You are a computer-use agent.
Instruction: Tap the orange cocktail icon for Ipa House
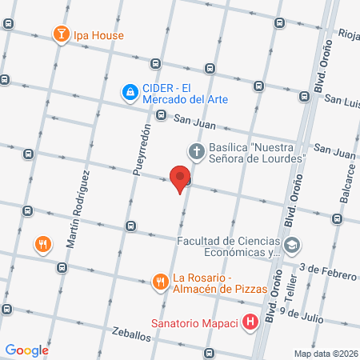[x=60, y=34]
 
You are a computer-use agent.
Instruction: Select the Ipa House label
[x=99, y=35]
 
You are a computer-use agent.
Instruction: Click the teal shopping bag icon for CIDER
[x=129, y=93]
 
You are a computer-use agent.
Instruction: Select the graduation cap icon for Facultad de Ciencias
[x=293, y=243]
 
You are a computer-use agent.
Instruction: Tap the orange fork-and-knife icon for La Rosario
[x=160, y=281]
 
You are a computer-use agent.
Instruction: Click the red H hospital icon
[x=251, y=323]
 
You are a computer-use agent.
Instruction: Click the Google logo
[x=27, y=350]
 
